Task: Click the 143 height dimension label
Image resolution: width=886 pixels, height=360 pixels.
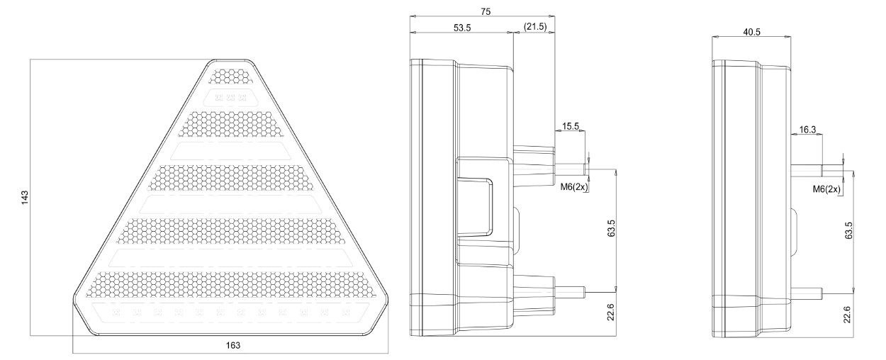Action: coord(25,198)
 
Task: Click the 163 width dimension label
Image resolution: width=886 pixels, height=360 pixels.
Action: coord(233,345)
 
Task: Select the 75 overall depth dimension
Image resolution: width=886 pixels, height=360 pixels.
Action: coord(486,12)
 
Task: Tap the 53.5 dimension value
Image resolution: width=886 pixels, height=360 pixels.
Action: coord(462,28)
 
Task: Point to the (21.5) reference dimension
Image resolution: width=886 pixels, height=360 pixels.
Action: coord(535,26)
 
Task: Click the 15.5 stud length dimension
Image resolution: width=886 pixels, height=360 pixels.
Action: coord(571,126)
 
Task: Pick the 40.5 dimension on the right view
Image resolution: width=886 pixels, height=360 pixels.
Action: coord(751,32)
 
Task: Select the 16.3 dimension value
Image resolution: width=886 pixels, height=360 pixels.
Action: coord(807,130)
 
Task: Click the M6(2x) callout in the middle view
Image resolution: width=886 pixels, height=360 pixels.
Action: coord(574,186)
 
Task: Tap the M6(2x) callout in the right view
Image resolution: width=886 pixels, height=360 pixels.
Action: coord(826,189)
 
